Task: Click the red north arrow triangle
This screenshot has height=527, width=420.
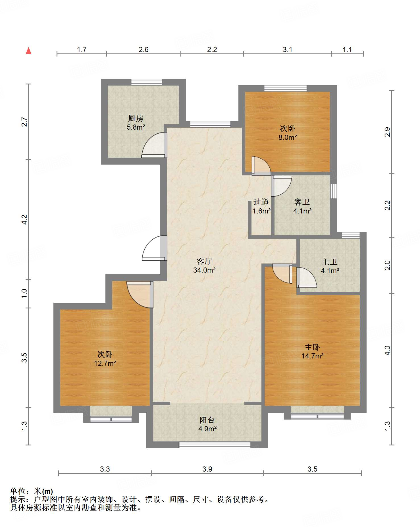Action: (28, 51)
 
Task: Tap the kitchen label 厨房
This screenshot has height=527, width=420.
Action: (136, 118)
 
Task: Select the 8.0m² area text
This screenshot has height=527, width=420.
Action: (288, 138)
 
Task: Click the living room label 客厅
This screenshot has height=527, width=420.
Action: (204, 261)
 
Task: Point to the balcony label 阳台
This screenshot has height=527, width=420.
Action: (207, 420)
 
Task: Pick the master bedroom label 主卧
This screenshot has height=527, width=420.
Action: (312, 347)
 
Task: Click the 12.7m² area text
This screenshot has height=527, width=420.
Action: (105, 363)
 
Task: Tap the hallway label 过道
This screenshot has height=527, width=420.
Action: (261, 202)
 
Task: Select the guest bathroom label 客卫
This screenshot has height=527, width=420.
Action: (302, 202)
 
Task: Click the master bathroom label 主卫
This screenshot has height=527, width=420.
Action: (330, 262)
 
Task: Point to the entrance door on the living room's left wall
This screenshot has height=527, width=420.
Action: (155, 248)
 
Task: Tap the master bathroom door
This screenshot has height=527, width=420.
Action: (306, 277)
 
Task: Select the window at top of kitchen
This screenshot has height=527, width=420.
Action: (147, 82)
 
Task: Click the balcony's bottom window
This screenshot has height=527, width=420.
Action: (215, 445)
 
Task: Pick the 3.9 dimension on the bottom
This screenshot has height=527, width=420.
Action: (207, 469)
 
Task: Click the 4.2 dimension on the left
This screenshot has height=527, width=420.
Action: (24, 219)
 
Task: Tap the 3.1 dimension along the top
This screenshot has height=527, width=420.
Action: (288, 50)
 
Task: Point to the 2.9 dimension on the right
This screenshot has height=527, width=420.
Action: (388, 132)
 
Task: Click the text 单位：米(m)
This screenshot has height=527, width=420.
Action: (32, 491)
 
